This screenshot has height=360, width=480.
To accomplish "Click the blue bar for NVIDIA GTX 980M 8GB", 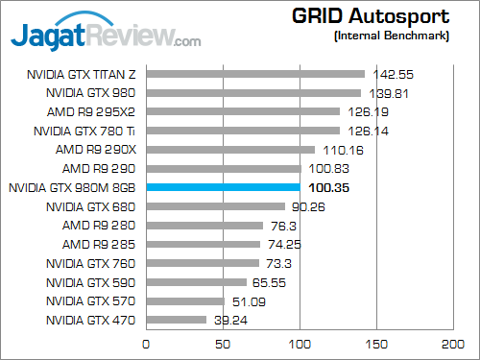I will coord(223,187).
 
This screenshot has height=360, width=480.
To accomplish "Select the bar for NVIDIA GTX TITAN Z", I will coord(255,73).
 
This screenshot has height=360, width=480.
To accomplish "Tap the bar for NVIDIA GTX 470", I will coord(176,320).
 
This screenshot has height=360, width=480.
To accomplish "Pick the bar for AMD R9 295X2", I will coord(243,111).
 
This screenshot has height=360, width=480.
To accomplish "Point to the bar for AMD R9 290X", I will coord(230,149).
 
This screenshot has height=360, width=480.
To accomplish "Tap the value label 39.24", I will coord(228,320).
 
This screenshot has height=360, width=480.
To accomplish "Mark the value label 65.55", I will coord(270,282).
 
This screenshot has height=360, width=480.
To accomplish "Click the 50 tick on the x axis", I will coord(223,343).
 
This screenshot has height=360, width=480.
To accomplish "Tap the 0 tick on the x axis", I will coord(146,343).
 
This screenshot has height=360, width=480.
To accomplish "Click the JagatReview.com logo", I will coord(106,34).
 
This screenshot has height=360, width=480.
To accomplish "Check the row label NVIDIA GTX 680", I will coord(92,206).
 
